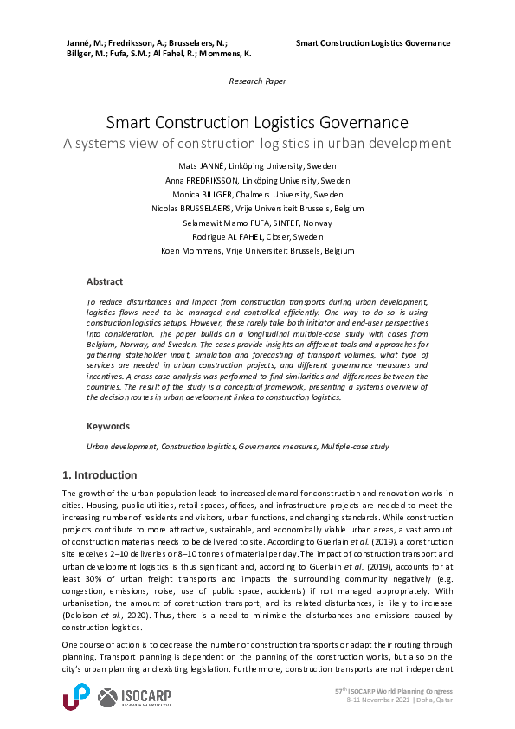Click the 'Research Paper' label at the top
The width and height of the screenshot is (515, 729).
click(257, 81)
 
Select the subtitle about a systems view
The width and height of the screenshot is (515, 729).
click(257, 143)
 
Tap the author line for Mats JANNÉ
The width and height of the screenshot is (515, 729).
click(257, 165)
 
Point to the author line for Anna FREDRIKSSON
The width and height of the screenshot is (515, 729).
click(257, 180)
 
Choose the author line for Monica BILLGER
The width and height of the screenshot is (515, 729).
click(257, 194)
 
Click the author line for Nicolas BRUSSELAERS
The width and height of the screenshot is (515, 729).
click(257, 209)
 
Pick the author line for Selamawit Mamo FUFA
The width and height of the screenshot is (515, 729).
click(257, 223)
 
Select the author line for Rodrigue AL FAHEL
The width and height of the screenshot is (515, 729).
click(257, 236)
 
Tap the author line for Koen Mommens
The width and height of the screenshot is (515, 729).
click(257, 251)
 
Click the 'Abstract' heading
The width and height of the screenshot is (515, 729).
click(105, 281)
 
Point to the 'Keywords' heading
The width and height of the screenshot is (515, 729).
click(108, 426)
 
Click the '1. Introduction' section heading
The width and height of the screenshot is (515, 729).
click(100, 475)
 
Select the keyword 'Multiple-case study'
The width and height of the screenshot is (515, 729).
click(354, 446)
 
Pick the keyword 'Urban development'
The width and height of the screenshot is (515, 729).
click(121, 446)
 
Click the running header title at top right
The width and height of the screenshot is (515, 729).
click(372, 43)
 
